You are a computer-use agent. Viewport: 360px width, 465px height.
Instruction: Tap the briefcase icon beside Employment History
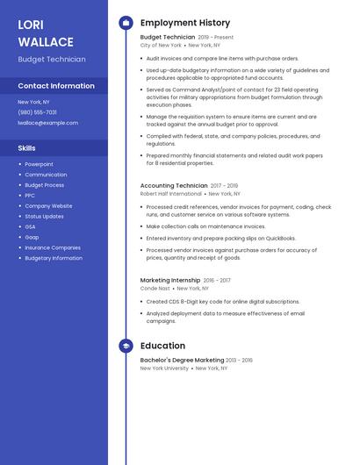(x=126, y=23)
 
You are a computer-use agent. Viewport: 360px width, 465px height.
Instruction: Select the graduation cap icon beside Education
(x=126, y=346)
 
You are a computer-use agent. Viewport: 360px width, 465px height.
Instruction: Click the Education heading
(x=162, y=346)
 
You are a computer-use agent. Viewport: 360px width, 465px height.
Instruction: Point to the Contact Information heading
(x=56, y=86)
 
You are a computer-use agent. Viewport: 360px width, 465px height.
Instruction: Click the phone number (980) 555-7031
(x=37, y=112)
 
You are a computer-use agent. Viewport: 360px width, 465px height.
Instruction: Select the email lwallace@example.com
(x=47, y=123)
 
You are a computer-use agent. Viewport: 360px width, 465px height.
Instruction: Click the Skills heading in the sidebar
(x=26, y=148)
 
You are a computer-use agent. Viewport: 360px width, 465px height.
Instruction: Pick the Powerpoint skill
(x=39, y=164)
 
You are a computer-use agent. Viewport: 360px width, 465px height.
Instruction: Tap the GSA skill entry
(x=31, y=226)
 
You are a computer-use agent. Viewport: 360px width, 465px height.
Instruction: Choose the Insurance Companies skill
(x=53, y=247)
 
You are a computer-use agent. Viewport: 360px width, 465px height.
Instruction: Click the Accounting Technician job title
(x=174, y=186)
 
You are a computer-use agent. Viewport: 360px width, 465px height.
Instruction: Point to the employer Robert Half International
(x=164, y=194)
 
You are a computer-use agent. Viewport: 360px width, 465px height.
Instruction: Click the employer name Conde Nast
(x=154, y=288)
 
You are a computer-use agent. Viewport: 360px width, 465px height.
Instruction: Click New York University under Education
(x=164, y=368)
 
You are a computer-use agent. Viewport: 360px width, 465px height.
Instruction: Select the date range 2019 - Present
(x=216, y=38)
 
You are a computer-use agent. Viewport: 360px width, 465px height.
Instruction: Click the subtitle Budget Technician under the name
(x=52, y=60)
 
